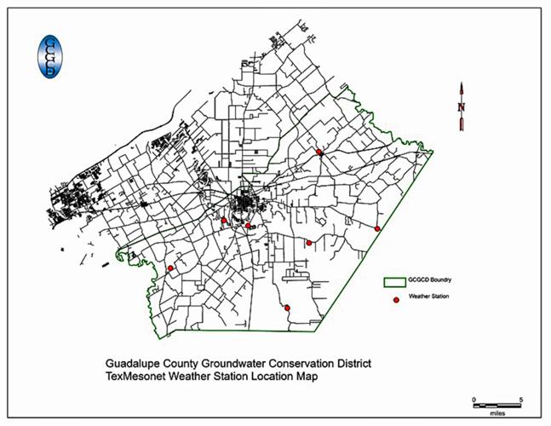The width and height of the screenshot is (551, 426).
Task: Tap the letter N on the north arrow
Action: coord(461,106)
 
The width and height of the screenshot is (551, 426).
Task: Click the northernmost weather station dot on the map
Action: coord(319,152)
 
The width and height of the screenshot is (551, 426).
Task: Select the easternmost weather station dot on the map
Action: coord(377,228)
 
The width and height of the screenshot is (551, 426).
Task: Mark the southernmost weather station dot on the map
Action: coord(287,308)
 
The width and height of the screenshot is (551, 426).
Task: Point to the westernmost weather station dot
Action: coord(170,268)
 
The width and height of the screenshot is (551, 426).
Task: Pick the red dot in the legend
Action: coord(394,298)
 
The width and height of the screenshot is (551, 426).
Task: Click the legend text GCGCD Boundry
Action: coord(435,279)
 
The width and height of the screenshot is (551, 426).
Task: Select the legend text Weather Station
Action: coord(429,296)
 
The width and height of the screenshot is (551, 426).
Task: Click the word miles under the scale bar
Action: coord(496,410)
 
